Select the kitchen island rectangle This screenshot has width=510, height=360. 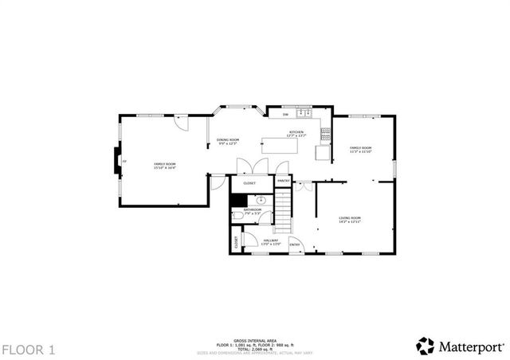(x=286, y=144)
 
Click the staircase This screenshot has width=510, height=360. (x=284, y=211)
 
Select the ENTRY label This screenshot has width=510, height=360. (x=294, y=245)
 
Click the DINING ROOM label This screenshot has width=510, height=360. (x=229, y=140)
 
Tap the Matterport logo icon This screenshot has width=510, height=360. (x=426, y=346)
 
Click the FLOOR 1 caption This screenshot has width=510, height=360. (x=28, y=349)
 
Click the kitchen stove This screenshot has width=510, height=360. (x=325, y=131)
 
